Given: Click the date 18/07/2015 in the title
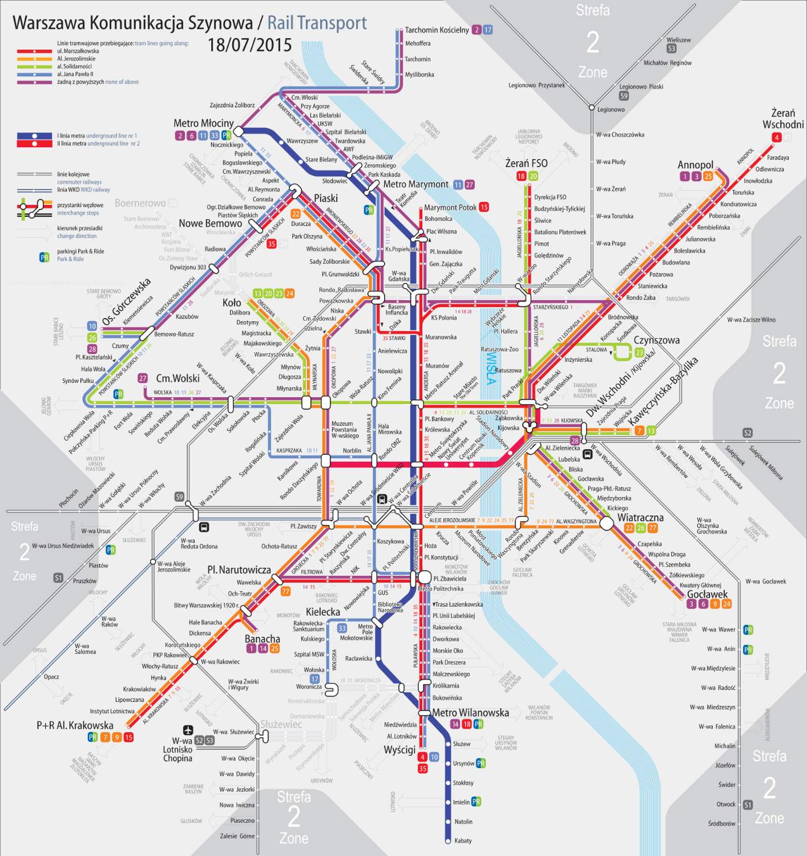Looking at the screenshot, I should tap(249, 45).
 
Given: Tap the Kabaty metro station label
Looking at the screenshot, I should tap(463, 841).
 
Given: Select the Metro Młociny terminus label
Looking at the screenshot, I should tap(203, 123).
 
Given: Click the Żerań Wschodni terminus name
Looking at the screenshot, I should tap(783, 119).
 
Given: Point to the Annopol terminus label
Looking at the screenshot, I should tap(695, 165).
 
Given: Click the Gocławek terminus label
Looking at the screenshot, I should tap(707, 594).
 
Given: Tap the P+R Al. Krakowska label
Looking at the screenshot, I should tap(75, 725).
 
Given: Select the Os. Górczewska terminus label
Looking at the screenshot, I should tap(127, 301).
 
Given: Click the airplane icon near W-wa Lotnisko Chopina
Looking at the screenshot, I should tap(188, 730).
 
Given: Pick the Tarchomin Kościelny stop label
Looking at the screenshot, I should tap(437, 30).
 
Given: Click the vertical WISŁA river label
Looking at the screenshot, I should tap(491, 368).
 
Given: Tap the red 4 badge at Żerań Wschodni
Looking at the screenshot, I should tap(776, 137).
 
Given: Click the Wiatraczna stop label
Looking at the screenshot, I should tap(640, 518).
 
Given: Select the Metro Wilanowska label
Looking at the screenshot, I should tap(470, 713).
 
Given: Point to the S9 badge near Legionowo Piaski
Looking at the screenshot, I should tap(624, 96).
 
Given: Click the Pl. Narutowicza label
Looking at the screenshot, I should tap(239, 570).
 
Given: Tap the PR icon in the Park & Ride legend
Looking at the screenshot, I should tap(45, 257).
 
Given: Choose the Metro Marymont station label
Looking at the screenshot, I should tap(415, 184).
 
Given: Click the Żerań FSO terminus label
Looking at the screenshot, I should tap(526, 163).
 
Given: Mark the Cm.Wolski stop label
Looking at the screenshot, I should tap(178, 378).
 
